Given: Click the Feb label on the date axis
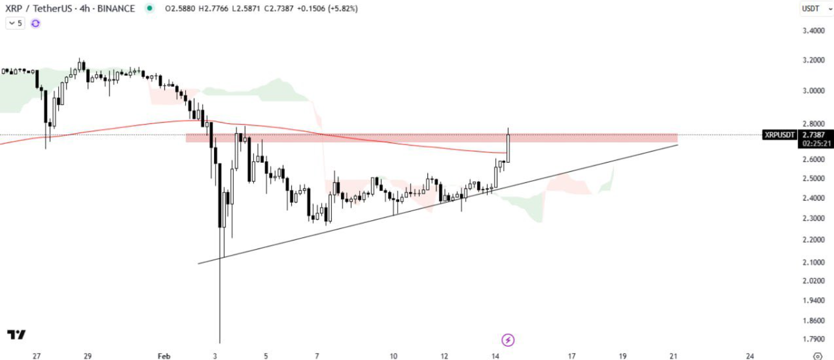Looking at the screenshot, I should [164, 356].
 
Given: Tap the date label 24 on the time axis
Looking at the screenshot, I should [750, 356].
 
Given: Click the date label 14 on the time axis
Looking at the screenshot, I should [495, 356].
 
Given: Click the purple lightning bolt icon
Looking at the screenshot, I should [508, 340].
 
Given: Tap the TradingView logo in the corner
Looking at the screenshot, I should [16, 335].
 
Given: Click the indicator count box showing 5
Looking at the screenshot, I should [15, 23].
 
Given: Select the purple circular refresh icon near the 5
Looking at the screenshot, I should [35, 23].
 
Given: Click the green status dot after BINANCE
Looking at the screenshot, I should [149, 9].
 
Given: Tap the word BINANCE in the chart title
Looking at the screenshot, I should [116, 9].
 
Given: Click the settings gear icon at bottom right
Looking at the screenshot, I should [817, 356].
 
